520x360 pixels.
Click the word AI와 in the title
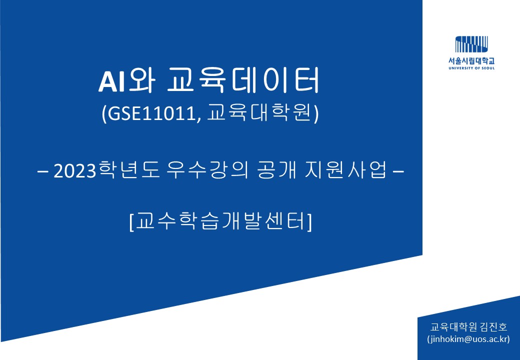126,80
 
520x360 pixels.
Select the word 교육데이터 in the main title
243,80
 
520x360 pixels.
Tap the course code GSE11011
151,114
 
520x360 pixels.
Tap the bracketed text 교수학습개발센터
220,221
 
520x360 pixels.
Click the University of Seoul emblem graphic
471,44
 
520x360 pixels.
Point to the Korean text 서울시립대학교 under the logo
471,61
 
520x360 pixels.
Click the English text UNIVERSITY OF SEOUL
471,68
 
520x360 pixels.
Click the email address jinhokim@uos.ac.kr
468,339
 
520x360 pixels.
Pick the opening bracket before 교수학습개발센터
131,221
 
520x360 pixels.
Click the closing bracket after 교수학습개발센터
309,221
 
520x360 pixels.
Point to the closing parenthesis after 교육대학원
316,114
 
